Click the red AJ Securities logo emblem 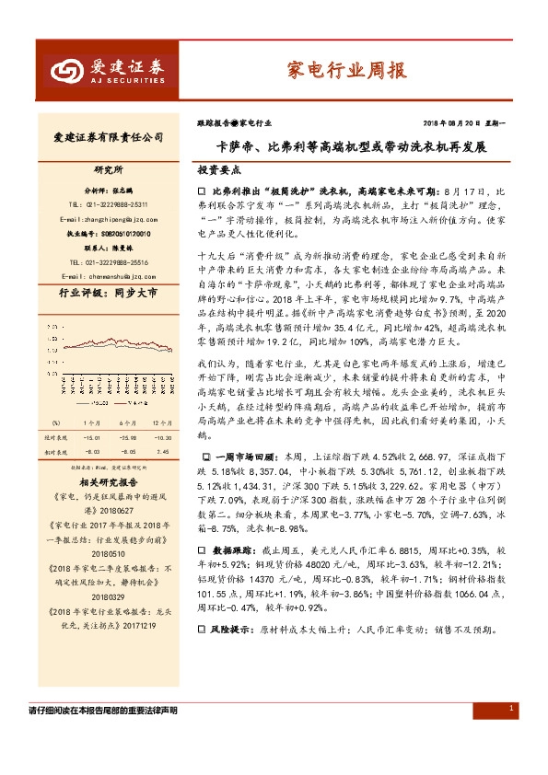pyautogui.click(x=64, y=70)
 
